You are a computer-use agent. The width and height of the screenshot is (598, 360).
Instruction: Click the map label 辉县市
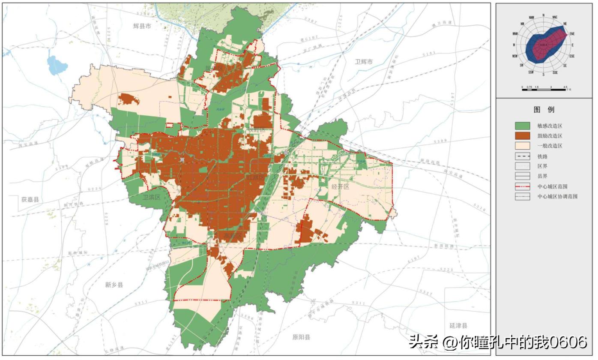coord(142,26)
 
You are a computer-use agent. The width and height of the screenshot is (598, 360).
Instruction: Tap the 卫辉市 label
coord(364,62)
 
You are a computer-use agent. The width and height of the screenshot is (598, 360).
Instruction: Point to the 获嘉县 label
coord(30,199)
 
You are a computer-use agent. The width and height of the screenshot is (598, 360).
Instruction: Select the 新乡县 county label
coord(114,285)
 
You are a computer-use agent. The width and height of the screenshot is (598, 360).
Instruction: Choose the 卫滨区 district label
coord(151,197)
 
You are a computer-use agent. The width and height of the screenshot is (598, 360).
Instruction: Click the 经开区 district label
coord(341,187)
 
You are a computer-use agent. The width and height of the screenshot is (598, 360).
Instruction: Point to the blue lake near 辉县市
coord(57,65)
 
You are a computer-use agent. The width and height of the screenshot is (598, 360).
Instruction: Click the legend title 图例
coord(544,110)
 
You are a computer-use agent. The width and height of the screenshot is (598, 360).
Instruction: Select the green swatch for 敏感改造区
coord(523,126)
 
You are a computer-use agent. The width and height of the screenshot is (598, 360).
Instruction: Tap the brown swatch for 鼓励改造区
coord(523,136)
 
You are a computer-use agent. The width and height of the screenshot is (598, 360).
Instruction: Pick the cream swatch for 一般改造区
coord(523,146)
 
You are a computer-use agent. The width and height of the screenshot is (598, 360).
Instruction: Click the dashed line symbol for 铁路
coord(523,156)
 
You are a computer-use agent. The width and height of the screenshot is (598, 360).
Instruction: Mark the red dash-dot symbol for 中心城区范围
coord(523,187)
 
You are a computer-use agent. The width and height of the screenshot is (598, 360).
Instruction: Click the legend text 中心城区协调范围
coord(557,197)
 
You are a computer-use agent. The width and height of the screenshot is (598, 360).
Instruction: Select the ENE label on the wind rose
coord(572,33)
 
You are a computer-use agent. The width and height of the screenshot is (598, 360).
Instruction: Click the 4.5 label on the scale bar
coord(565,87)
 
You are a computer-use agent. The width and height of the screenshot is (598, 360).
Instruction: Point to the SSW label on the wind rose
coord(531,72)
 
